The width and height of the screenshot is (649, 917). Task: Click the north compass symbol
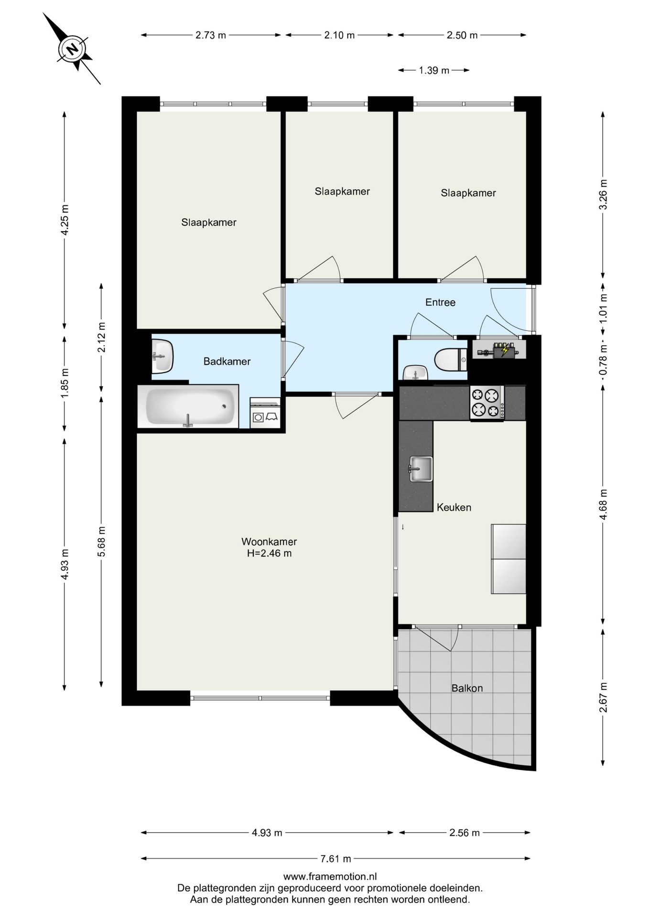(72, 49)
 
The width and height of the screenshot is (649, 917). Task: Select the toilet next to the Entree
(451, 359)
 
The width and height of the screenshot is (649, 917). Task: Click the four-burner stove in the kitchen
(487, 402)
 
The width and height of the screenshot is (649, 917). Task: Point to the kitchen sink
(420, 469)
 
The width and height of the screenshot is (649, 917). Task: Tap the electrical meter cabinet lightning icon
(505, 351)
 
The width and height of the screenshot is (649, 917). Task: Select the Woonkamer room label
(269, 542)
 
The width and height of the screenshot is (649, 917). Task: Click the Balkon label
(467, 688)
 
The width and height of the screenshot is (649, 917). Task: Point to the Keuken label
(454, 507)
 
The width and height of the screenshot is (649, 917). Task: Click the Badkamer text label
(227, 362)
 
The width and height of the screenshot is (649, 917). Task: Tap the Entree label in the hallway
(440, 302)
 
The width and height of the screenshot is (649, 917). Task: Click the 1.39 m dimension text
(434, 71)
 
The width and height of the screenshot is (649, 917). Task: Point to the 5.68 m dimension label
(101, 541)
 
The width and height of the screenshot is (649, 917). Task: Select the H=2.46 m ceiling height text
(269, 554)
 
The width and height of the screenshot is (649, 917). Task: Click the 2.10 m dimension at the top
(339, 35)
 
